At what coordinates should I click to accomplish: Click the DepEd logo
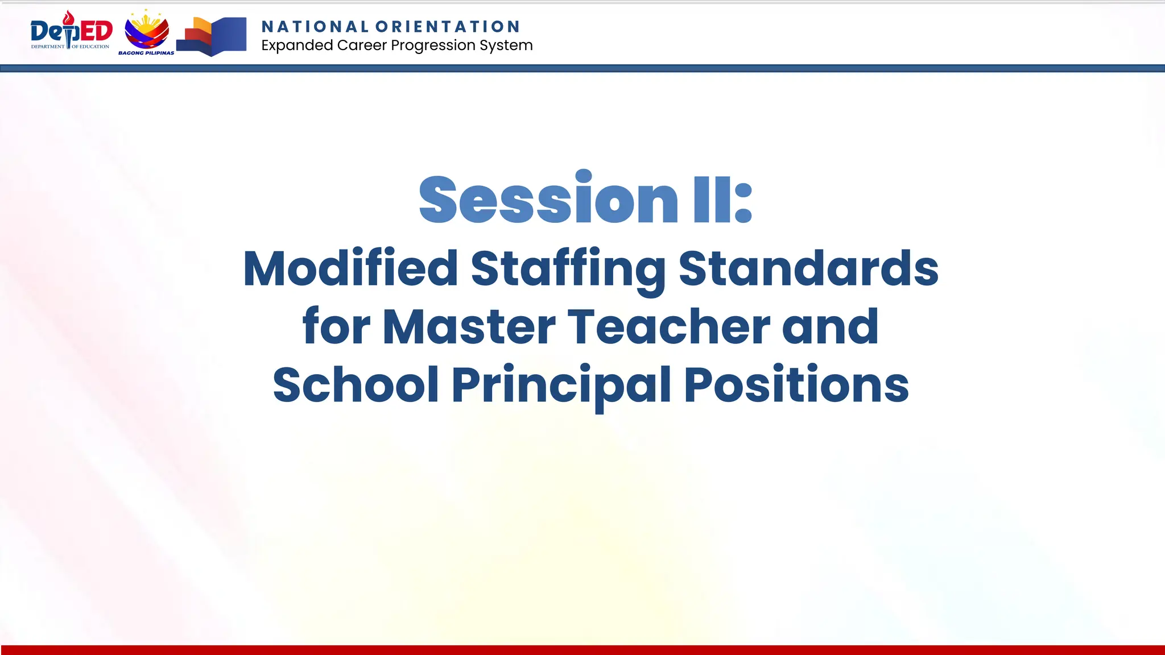coord(71,31)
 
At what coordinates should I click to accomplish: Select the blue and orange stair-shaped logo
coord(212,36)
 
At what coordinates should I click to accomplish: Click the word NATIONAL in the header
coord(315,27)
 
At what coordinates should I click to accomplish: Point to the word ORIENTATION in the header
coord(448,27)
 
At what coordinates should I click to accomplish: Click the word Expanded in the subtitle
coord(296,45)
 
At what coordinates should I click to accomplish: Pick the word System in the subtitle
coord(506,45)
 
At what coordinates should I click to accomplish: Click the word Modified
coord(350,268)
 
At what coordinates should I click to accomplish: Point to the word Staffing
coord(568,270)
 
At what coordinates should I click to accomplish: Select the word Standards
coord(808,268)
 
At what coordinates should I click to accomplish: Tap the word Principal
coord(561,385)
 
